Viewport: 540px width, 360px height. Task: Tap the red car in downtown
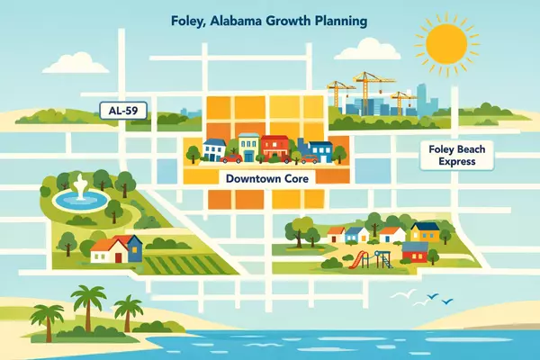click(x=232, y=157)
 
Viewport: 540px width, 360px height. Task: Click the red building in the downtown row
click(x=278, y=147)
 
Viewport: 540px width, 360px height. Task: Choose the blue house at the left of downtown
click(x=215, y=148)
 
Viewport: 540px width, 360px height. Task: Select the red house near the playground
click(x=416, y=250)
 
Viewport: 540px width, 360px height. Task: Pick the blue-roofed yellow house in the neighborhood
click(x=427, y=231)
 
